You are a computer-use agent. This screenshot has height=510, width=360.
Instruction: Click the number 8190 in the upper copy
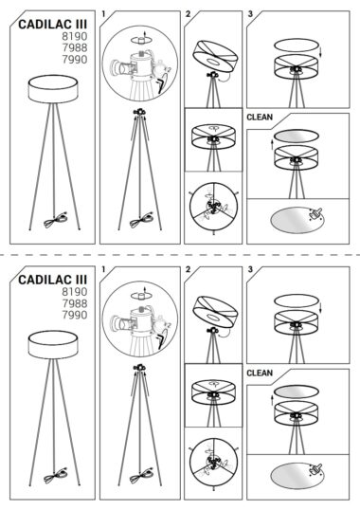75,36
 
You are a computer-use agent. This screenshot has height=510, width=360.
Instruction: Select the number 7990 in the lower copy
75,315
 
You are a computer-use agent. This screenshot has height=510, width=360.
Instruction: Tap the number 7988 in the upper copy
75,47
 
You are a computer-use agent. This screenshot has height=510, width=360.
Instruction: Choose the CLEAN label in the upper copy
260,118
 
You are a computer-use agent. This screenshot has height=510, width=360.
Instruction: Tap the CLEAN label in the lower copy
260,373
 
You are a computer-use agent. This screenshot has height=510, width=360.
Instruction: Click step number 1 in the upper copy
103,14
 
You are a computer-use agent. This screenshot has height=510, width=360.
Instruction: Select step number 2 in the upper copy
188,14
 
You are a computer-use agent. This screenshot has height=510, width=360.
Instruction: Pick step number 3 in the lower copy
250,269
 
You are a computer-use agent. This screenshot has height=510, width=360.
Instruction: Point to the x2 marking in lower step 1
168,325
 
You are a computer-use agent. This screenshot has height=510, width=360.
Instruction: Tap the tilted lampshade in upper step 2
215,57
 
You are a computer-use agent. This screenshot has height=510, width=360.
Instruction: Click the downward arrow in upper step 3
321,51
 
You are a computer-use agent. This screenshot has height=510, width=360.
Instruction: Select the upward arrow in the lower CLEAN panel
272,400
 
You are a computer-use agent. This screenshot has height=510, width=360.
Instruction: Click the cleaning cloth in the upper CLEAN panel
315,214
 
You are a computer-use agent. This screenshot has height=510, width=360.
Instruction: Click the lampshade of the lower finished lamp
53,345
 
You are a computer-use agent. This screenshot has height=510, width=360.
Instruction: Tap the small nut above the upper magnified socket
141,41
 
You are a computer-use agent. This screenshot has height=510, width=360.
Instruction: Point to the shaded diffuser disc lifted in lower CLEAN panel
296,392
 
